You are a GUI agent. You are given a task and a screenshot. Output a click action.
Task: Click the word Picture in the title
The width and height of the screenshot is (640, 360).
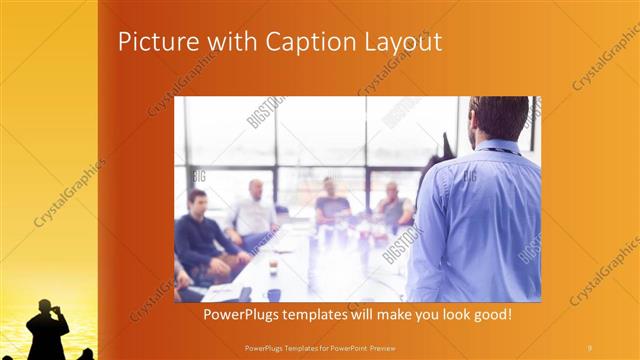(153, 42)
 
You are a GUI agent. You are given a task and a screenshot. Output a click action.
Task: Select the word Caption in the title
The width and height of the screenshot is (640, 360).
(299, 42)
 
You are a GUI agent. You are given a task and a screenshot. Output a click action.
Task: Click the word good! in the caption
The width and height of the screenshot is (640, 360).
(489, 314)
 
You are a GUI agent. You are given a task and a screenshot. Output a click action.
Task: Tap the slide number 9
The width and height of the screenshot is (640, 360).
(589, 346)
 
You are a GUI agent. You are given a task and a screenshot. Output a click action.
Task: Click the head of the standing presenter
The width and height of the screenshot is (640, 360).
(499, 116)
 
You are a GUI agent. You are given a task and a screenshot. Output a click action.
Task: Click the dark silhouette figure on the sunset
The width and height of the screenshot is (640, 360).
(48, 330)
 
